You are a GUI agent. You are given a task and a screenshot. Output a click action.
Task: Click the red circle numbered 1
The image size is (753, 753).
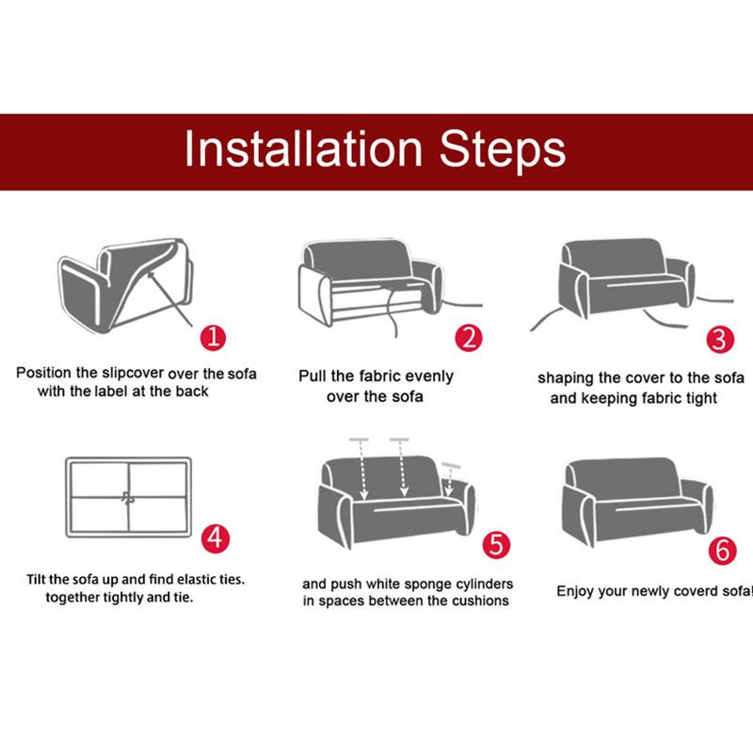[x=214, y=338]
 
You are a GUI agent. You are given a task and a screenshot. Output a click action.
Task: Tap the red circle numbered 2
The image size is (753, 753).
[x=468, y=338]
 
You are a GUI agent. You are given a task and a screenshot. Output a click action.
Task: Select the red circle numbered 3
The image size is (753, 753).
[x=720, y=340]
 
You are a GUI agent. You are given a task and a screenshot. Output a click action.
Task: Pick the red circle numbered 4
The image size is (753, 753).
[x=216, y=537]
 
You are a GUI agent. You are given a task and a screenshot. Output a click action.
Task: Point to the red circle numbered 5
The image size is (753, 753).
[x=496, y=545]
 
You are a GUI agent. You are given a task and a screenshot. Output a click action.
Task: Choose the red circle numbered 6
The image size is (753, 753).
[x=722, y=551]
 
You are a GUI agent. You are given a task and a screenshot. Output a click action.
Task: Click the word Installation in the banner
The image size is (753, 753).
[x=303, y=149]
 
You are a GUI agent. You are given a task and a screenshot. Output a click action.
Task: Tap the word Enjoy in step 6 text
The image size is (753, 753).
[x=574, y=592]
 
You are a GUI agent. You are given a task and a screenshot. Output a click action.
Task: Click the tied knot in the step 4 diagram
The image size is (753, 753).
[x=128, y=498]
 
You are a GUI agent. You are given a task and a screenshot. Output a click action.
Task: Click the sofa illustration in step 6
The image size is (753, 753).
[x=637, y=502]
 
